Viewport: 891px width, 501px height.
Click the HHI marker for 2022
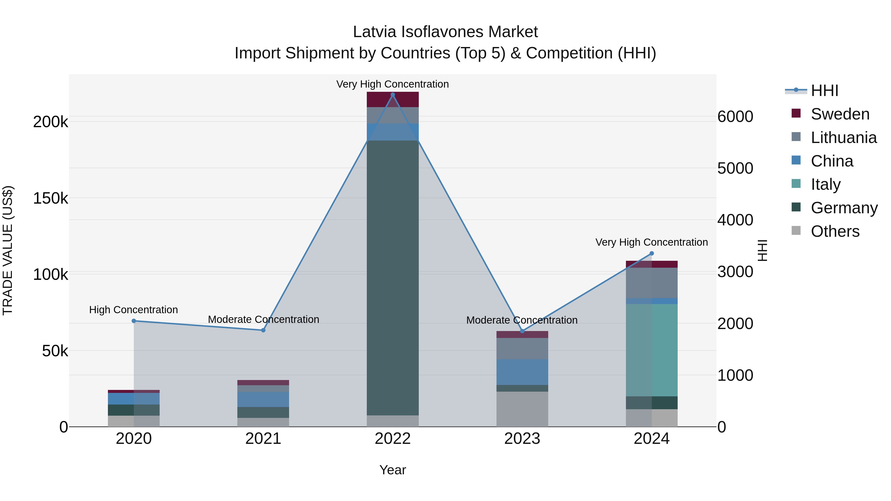point(393,95)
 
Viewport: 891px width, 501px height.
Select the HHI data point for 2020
point(134,321)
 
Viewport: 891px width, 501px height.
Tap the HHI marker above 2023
point(522,331)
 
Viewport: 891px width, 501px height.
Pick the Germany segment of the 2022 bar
point(393,277)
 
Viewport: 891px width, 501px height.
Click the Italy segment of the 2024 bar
point(652,350)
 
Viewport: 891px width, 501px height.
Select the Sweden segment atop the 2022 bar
point(393,99)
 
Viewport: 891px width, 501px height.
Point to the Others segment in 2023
point(522,409)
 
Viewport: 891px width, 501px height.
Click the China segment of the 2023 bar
point(522,372)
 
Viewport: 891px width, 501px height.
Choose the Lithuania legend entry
point(843,138)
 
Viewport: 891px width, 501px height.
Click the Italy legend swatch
point(796,184)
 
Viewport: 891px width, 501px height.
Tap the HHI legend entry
point(824,91)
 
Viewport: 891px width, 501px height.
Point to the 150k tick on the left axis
point(50,198)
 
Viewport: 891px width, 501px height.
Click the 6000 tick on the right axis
point(735,117)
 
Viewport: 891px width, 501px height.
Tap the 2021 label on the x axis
point(263,439)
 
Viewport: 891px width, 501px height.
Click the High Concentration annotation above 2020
point(133,310)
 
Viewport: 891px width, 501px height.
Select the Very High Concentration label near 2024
point(651,242)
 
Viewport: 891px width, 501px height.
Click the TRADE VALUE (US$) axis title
point(8,250)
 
